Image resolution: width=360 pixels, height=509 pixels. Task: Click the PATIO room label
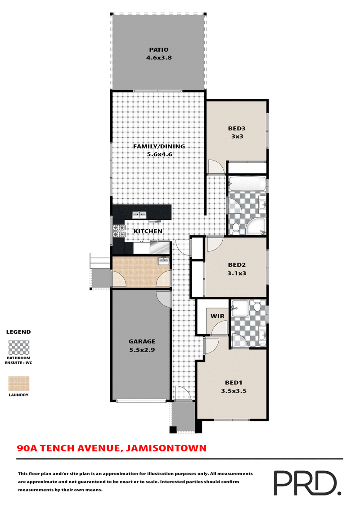click(x=158, y=50)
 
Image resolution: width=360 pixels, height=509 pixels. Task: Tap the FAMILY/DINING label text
click(x=159, y=147)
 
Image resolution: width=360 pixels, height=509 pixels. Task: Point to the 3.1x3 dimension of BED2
click(x=236, y=272)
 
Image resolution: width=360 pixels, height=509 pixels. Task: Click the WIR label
click(x=218, y=316)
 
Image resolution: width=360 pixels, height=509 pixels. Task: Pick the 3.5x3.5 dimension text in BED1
click(x=234, y=391)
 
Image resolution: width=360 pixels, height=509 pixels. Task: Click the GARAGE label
click(x=141, y=341)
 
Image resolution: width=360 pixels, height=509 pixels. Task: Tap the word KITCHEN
click(x=148, y=231)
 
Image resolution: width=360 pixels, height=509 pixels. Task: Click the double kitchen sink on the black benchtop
click(x=139, y=215)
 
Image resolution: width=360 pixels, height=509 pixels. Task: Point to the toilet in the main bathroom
click(x=234, y=228)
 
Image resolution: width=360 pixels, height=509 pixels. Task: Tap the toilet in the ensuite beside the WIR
click(x=257, y=307)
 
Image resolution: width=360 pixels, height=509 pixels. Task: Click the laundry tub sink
click(x=163, y=261)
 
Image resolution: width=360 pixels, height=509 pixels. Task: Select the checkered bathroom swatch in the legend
click(x=19, y=347)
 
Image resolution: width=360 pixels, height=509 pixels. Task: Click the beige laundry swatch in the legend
click(x=19, y=384)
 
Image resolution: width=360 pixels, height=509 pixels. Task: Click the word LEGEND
click(x=18, y=332)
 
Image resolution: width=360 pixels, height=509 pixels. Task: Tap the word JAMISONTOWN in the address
click(x=167, y=448)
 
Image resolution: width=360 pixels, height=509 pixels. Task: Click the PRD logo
click(x=306, y=483)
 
